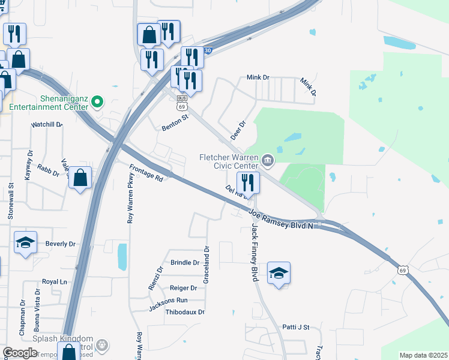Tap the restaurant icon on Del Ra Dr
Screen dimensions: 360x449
coord(248,181)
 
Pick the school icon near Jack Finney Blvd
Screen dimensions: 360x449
coord(279,273)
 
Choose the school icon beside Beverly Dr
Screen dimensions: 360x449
coord(25,242)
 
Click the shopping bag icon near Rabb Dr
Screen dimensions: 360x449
coord(80,178)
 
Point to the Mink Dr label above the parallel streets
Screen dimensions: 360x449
coord(259,78)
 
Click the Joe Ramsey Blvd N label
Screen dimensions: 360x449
coord(281,218)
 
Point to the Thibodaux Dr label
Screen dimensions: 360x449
coord(185,312)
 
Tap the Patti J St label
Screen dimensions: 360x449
coord(295,327)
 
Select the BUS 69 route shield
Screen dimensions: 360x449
coord(182,103)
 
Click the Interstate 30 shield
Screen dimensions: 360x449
coord(207,51)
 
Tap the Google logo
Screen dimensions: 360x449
coord(20,353)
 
